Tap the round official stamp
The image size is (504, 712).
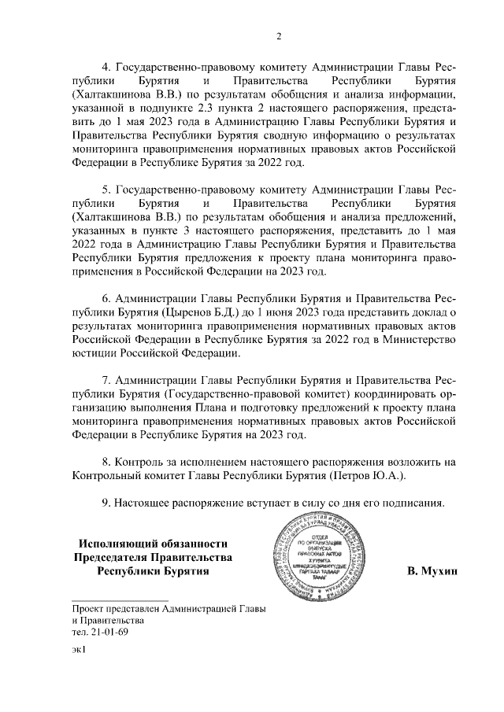point(330,560)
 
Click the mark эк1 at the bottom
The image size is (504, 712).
point(78,650)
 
